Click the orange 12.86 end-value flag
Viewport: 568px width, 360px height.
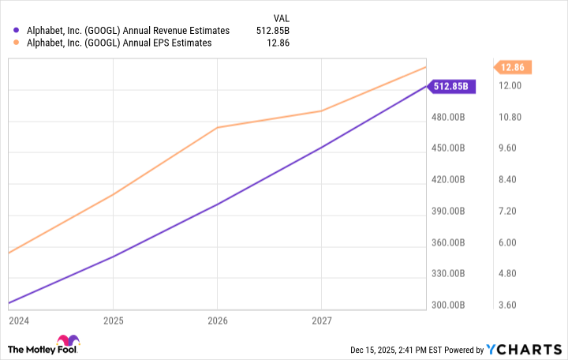pyautogui.click(x=508, y=68)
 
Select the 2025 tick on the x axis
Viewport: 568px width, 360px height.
pyautogui.click(x=113, y=321)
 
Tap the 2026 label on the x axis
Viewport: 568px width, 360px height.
pyautogui.click(x=217, y=321)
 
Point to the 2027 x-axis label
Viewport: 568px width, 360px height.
pyautogui.click(x=321, y=321)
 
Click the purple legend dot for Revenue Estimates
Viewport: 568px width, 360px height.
pyautogui.click(x=17, y=31)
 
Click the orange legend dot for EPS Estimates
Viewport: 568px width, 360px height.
pyautogui.click(x=17, y=43)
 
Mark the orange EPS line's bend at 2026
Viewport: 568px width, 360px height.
pyautogui.click(x=217, y=127)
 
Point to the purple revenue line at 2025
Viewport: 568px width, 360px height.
pyautogui.click(x=113, y=257)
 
